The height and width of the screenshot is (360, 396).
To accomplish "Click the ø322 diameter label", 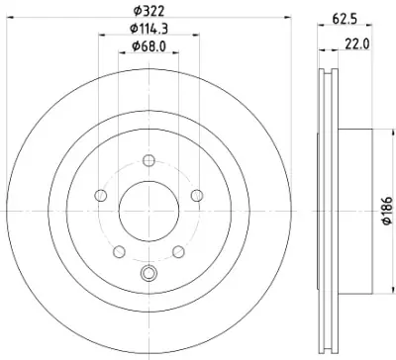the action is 148,12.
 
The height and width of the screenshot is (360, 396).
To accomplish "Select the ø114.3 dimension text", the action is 148,29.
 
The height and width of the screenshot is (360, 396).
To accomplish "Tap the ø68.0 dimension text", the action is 148,46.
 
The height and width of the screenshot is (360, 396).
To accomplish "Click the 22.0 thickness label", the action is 357,44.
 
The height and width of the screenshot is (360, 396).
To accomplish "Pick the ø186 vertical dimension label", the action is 387,211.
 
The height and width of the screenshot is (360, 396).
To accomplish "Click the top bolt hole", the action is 148,161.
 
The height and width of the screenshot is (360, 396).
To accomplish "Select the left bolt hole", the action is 101,196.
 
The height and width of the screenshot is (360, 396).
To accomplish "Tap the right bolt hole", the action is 197,196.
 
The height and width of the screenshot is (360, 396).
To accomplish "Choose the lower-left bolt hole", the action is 119,252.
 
